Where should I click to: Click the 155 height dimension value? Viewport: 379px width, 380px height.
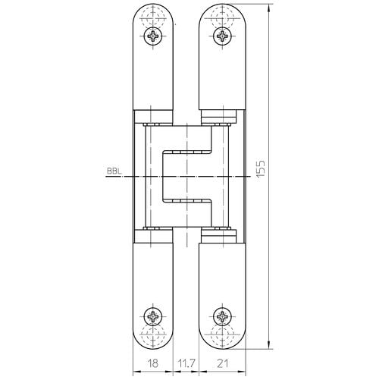pos(261,168)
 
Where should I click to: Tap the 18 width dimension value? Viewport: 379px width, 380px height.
pos(153,363)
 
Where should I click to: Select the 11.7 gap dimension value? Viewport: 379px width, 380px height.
pos(186,363)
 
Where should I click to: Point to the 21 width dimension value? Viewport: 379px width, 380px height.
pos(222,363)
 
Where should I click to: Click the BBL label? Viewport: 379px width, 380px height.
pos(114,171)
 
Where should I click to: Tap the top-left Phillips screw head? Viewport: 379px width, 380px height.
pos(153,36)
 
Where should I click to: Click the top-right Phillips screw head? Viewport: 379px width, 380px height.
pos(222,36)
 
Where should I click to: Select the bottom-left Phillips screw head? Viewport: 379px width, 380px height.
pos(153,316)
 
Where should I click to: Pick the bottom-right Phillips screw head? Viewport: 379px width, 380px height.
pos(222,316)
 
